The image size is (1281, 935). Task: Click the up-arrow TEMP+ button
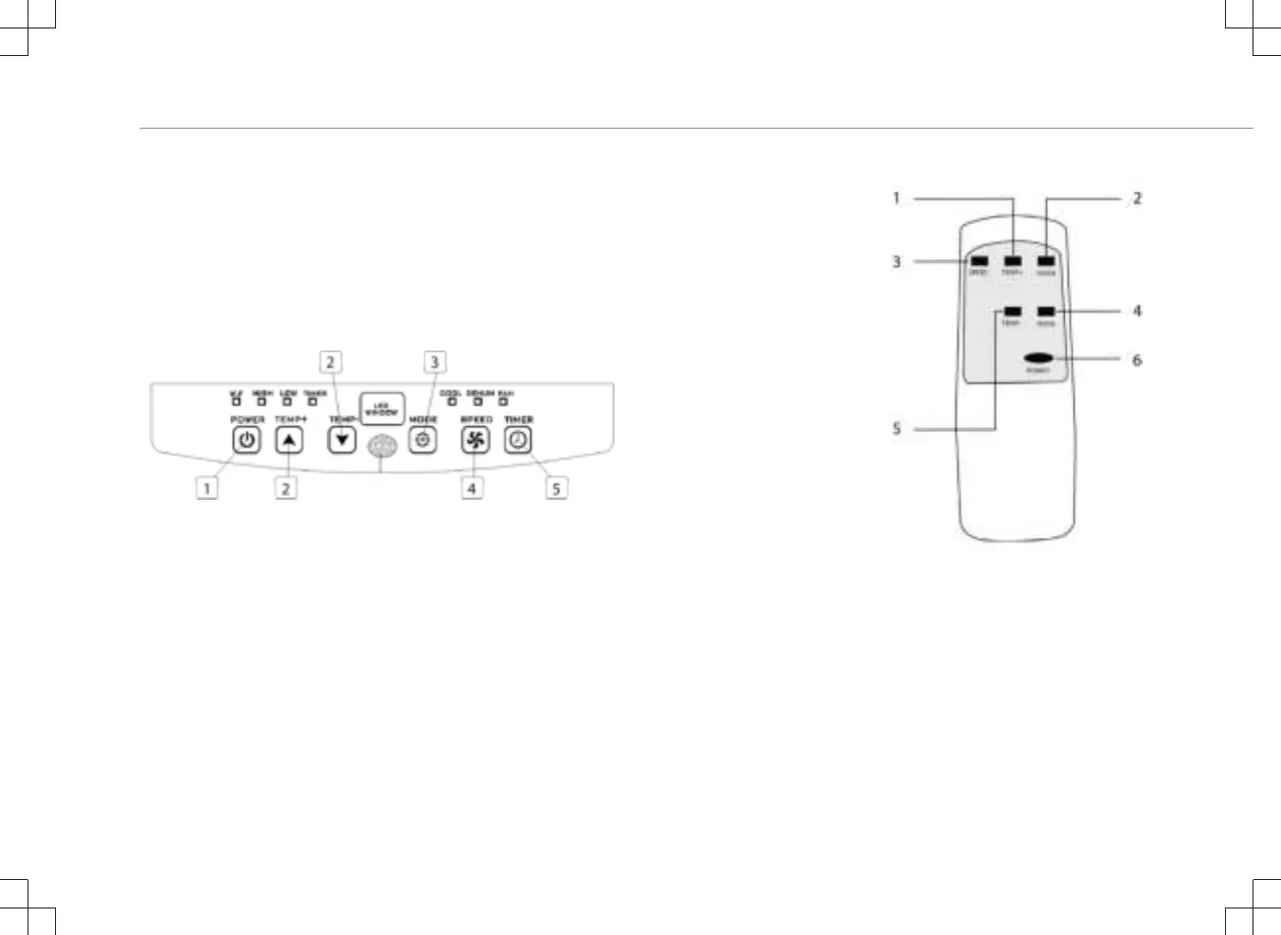288,441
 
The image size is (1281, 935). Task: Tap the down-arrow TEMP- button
342,441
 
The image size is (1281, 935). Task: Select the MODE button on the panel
423,441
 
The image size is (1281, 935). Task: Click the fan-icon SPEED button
475,441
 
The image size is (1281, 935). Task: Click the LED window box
382,407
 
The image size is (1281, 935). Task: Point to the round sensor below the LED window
381,449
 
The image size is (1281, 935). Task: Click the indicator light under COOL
452,402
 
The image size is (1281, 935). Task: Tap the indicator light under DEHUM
478,402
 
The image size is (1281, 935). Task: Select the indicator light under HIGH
262,402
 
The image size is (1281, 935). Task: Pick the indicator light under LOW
288,402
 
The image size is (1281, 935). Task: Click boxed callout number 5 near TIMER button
557,487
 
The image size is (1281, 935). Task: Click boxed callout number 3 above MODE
434,362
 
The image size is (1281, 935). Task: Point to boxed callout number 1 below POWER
206,487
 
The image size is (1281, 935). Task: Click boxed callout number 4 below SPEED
473,487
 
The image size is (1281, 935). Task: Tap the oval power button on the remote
1038,359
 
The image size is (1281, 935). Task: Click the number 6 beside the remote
1137,360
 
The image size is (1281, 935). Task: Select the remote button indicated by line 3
978,262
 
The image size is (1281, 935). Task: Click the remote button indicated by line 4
1045,312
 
